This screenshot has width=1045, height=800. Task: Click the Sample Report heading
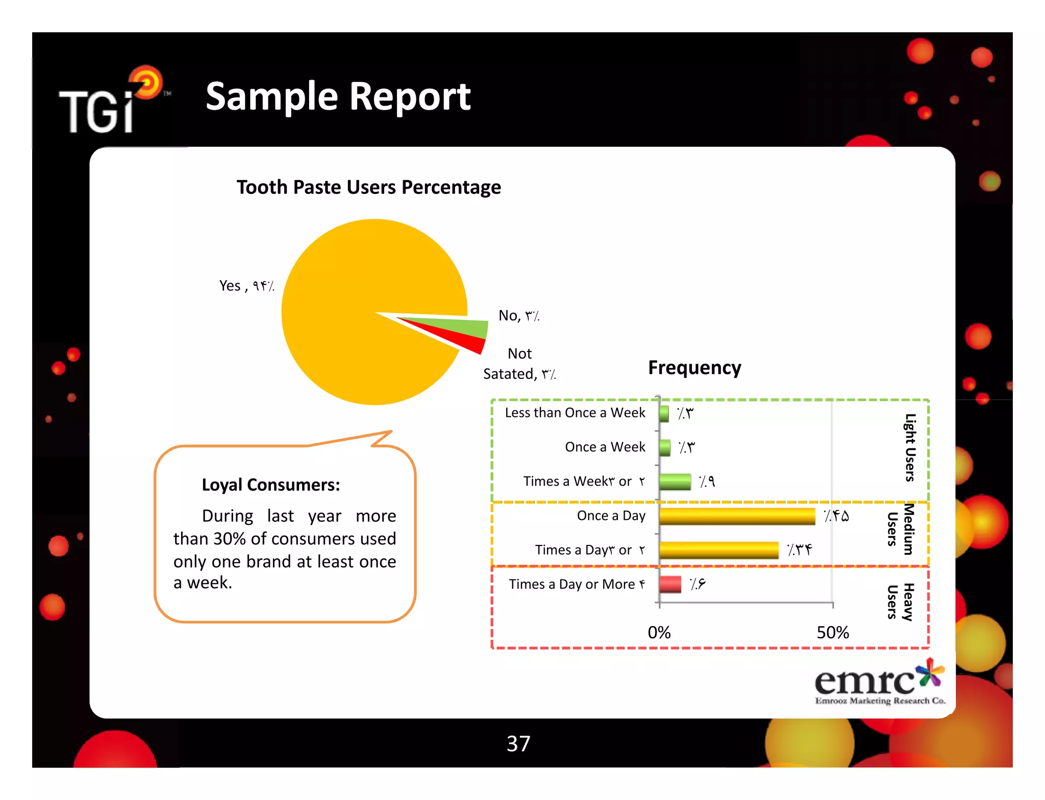(338, 96)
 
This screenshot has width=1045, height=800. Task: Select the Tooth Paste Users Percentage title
(368, 187)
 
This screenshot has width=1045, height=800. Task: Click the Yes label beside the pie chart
(246, 286)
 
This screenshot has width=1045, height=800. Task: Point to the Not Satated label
(519, 364)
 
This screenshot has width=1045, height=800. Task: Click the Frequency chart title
(694, 367)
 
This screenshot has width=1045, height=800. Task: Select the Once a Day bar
(737, 516)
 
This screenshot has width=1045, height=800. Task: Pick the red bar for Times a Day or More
(670, 584)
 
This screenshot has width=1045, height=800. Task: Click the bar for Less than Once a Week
(664, 413)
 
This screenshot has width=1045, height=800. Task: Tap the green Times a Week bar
(675, 482)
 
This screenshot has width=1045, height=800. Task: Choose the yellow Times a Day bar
(718, 550)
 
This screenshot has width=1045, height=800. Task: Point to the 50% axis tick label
(832, 633)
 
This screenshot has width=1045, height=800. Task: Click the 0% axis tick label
(659, 633)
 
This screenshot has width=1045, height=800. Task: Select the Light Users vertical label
(910, 447)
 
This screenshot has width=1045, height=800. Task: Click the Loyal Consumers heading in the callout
(270, 485)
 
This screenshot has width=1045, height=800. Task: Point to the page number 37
(518, 743)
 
